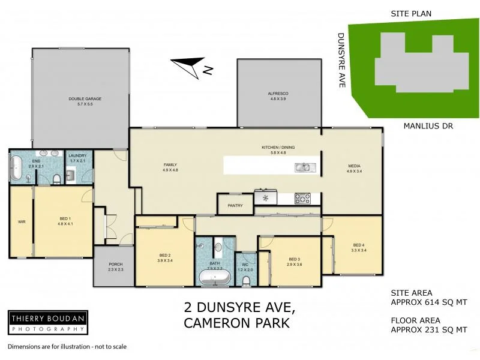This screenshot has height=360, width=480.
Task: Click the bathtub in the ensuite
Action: (16, 168)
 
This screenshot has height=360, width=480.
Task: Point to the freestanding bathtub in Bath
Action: (215, 277)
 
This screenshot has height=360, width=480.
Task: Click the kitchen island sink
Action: (302, 167)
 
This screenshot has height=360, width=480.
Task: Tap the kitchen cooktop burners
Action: (302, 197)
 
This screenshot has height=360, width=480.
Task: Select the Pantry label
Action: (235, 205)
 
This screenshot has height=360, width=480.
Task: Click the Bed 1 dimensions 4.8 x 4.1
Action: (65, 224)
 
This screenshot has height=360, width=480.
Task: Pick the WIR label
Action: (21, 221)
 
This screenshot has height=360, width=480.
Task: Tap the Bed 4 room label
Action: (358, 245)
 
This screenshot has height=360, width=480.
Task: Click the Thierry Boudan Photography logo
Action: (48, 322)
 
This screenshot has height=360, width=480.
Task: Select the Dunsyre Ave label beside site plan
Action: (341, 60)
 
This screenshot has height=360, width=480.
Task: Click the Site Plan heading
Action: (411, 13)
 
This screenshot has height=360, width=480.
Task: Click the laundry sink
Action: (70, 175)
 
